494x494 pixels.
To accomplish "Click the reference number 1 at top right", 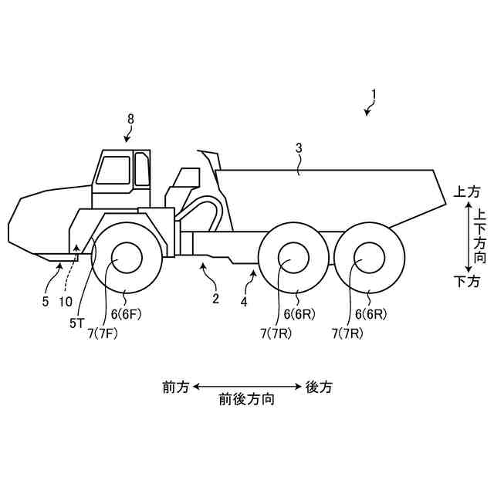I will (x=374, y=96).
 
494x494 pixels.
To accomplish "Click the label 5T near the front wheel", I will (x=76, y=324).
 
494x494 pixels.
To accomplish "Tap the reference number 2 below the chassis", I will (x=215, y=297).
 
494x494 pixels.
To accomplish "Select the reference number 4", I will (x=244, y=302).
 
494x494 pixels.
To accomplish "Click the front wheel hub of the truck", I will (x=127, y=258).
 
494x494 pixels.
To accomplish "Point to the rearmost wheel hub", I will (x=368, y=258).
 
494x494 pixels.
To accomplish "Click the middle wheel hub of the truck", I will (x=293, y=258).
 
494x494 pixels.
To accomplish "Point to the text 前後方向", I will (x=247, y=401).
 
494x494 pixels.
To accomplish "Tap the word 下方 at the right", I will (x=466, y=282).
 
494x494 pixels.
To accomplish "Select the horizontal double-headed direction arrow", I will (x=247, y=386).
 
